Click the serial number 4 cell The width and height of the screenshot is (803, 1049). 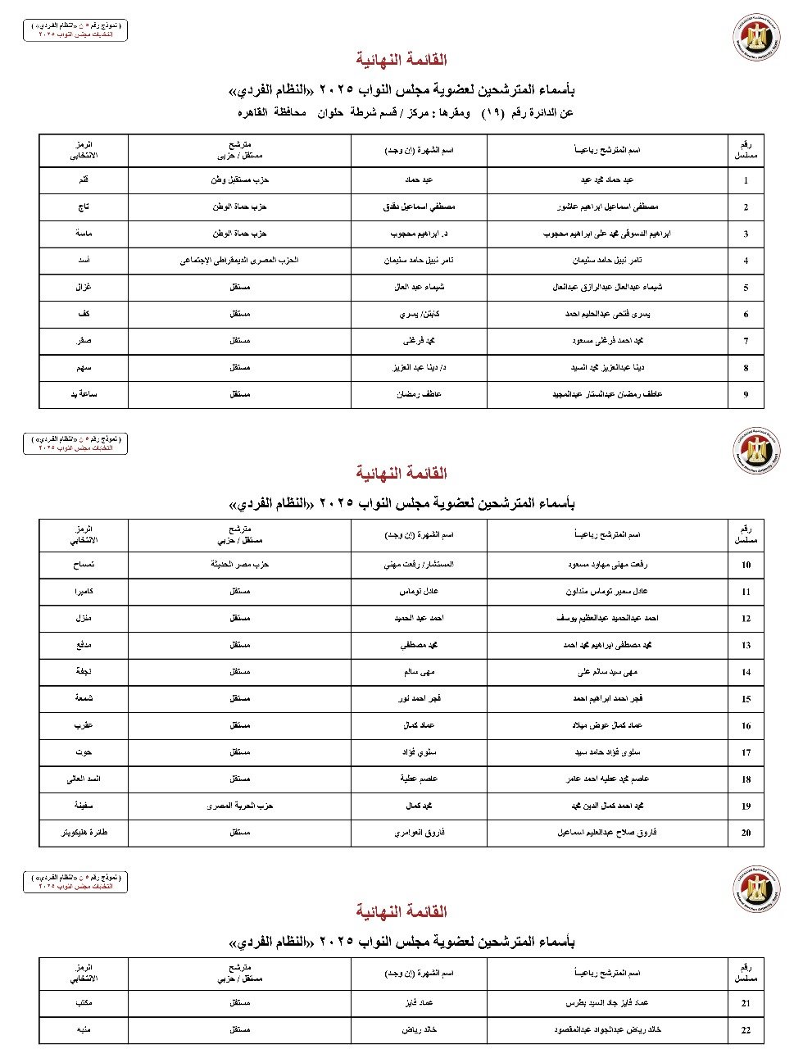tap(746, 261)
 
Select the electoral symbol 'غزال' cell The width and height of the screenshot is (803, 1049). tap(84, 287)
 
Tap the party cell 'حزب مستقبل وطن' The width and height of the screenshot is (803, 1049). tap(239, 179)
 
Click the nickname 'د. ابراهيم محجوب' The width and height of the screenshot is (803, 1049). tap(419, 234)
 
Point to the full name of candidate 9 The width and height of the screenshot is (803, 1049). tap(607, 394)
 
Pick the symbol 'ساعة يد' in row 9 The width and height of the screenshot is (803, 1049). tap(84, 394)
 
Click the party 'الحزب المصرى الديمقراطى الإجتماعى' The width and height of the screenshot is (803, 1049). tap(239, 261)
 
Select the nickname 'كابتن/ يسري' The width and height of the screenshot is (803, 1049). tap(419, 314)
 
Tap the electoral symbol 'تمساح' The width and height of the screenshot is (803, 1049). tap(84, 565)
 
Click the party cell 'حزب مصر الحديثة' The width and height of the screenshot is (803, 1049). tap(239, 565)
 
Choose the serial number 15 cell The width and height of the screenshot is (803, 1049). tap(746, 699)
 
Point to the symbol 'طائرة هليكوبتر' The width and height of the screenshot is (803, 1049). tap(84, 833)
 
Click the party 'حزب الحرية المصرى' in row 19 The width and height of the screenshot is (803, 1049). tap(239, 806)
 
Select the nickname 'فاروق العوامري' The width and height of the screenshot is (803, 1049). tap(419, 833)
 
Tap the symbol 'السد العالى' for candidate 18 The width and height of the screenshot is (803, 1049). tap(84, 779)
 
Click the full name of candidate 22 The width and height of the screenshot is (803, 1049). tap(607, 1029)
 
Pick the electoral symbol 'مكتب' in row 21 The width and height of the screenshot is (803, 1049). tap(84, 1002)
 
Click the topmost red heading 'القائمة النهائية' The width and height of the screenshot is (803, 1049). tap(401, 59)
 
